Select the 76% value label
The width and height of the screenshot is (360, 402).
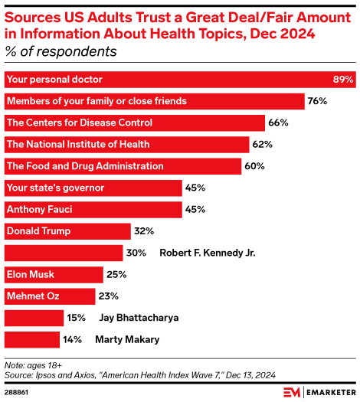(x=318, y=101)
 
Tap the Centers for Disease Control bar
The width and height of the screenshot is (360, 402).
(x=135, y=123)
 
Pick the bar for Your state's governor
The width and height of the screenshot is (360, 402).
(x=93, y=188)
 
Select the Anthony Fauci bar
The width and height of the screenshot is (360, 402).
(x=93, y=209)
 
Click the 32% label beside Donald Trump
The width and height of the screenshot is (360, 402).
(x=144, y=230)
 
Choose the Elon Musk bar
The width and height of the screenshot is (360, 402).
(x=54, y=273)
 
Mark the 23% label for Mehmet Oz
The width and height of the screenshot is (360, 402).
(x=107, y=296)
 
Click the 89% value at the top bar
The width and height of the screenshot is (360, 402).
(x=342, y=80)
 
